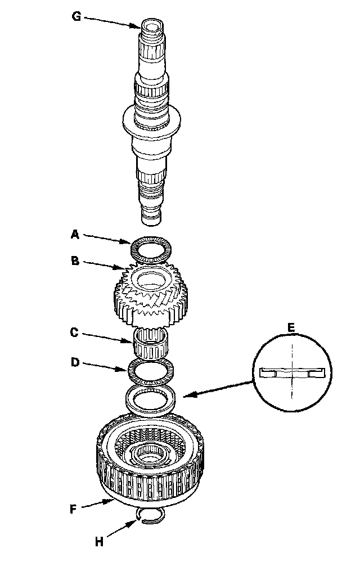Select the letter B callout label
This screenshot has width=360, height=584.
click(x=75, y=260)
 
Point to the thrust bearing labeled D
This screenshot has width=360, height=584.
click(x=151, y=370)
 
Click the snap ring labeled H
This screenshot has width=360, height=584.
click(x=151, y=516)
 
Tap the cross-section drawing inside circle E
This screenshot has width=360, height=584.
click(x=291, y=372)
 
